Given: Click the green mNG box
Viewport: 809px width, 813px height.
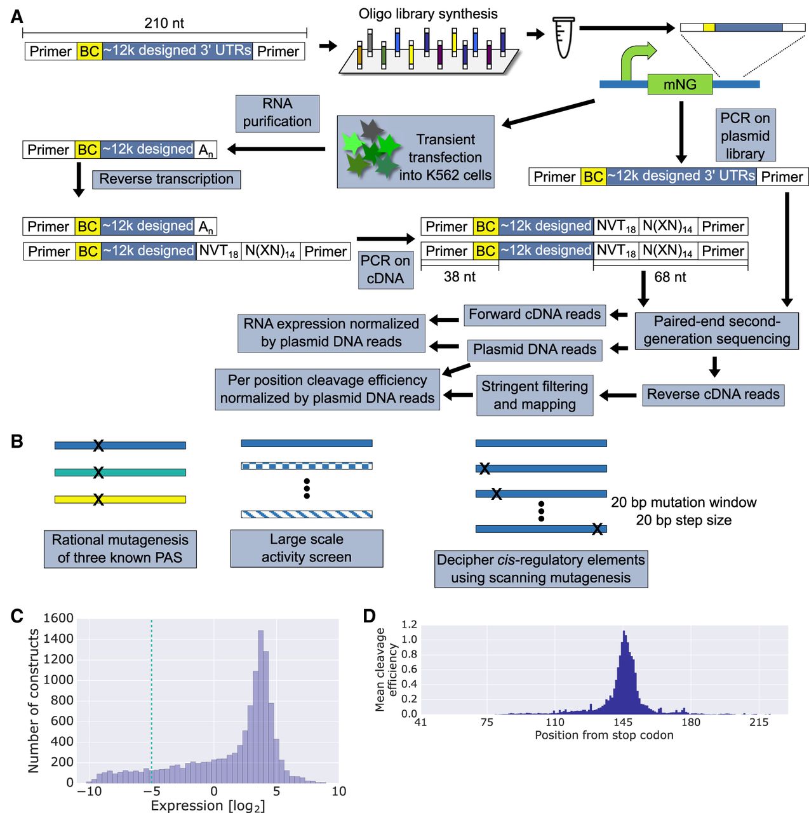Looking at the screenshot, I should tap(679, 84).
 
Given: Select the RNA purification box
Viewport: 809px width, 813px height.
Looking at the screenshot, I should tap(277, 113).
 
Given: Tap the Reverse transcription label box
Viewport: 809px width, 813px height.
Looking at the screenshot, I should tap(166, 179).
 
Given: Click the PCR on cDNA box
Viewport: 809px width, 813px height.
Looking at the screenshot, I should tap(385, 270).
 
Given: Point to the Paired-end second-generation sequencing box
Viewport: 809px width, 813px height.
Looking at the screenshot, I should tap(716, 330).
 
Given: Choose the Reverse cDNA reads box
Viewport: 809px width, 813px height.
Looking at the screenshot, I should tap(712, 394).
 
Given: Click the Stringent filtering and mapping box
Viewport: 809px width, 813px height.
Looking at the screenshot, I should tap(535, 395).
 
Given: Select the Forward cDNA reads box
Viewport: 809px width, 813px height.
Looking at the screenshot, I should tap(535, 314).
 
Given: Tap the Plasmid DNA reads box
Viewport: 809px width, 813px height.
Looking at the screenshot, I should tap(535, 349).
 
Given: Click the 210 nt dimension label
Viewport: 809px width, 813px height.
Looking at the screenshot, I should tap(164, 24).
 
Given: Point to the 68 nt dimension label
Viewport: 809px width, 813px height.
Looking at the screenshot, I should tap(670, 277).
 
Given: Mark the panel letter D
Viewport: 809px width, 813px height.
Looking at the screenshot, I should tap(369, 615).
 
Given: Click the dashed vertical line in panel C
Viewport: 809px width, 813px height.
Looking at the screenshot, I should tap(151, 699).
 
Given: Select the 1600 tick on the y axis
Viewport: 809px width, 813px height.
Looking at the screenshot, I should tap(58, 618).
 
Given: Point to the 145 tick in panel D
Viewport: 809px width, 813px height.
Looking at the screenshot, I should tap(623, 722).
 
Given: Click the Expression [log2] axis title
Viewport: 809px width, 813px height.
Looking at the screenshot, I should tap(208, 805).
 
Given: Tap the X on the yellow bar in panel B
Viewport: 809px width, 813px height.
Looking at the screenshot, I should tap(98, 500).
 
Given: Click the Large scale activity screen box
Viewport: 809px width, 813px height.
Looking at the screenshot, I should tap(306, 548).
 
